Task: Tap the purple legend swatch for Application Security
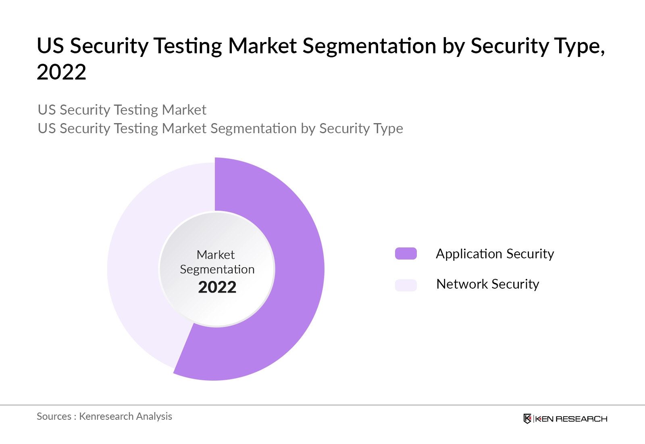[x=406, y=253]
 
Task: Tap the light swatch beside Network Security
[x=406, y=285]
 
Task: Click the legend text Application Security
[x=495, y=254]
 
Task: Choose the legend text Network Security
[x=487, y=284]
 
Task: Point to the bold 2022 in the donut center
[x=217, y=287]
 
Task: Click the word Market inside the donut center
[x=216, y=255]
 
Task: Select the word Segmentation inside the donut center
[x=217, y=269]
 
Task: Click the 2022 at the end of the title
[x=61, y=72]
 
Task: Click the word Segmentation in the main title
[x=369, y=46]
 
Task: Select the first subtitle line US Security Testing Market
[x=122, y=110]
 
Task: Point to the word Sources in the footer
[x=54, y=416]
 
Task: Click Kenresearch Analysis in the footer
[x=125, y=416]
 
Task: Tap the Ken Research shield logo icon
[x=527, y=419]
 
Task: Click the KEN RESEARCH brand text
[x=571, y=419]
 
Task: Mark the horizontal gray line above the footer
[x=322, y=405]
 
